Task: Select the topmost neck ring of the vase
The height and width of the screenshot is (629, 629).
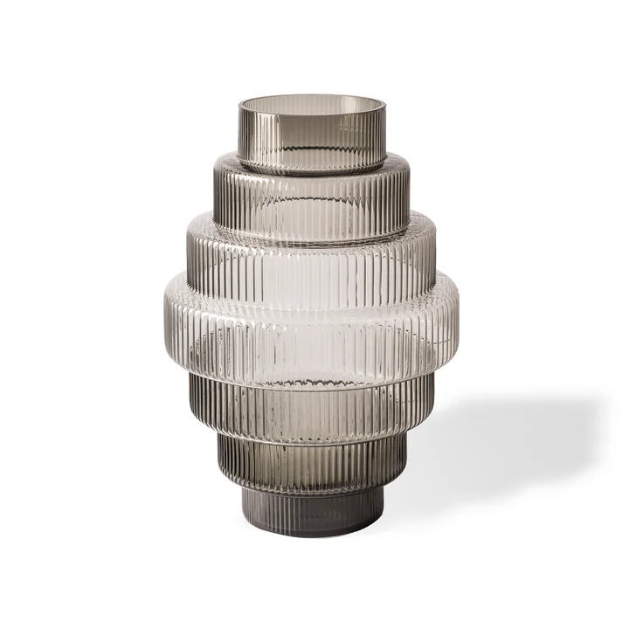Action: [312, 140]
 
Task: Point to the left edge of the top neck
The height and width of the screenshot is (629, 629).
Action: [240, 135]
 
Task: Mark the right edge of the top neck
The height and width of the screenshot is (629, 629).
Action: [384, 135]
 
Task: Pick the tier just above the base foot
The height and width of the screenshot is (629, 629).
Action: [312, 463]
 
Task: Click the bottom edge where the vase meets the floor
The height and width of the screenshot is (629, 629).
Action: [312, 535]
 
